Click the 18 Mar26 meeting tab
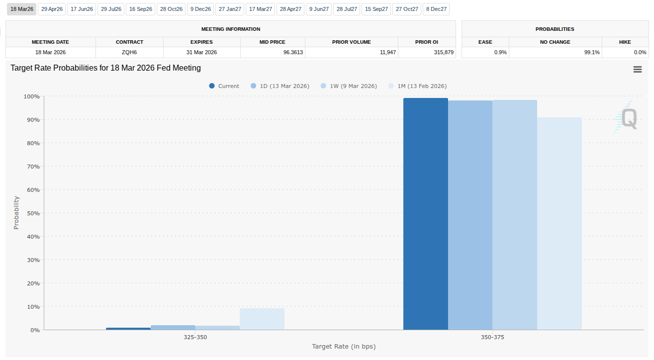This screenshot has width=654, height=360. [x=21, y=9]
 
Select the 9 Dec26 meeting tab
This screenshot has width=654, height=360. [x=200, y=9]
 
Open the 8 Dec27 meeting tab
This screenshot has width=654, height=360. [x=436, y=9]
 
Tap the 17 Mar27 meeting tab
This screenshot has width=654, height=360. [x=260, y=9]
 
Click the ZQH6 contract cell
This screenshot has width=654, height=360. [x=129, y=52]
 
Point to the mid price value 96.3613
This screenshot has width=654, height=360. [x=293, y=52]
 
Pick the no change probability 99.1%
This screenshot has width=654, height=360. [x=591, y=52]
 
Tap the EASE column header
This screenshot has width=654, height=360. [x=485, y=42]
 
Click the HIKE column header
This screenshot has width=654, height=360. [x=625, y=42]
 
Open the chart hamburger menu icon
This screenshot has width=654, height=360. [x=637, y=70]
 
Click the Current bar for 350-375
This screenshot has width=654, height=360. [x=425, y=214]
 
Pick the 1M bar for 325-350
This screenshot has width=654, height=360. [x=262, y=319]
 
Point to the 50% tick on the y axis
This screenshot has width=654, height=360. [x=33, y=213]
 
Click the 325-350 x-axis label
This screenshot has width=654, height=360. [x=195, y=337]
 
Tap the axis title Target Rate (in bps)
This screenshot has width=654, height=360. [x=343, y=346]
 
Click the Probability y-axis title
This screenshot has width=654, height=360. [x=16, y=212]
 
